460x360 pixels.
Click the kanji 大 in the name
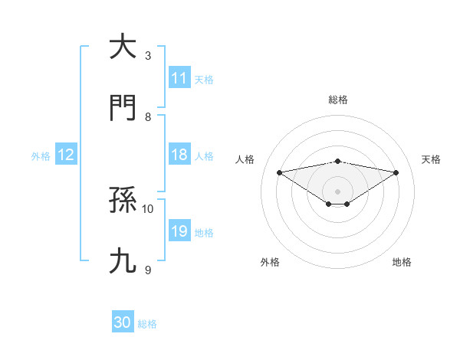coord(122,47)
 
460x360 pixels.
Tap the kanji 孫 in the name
coord(122,201)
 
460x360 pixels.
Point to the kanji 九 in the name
coord(122,261)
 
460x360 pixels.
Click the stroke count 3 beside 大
coord(148,56)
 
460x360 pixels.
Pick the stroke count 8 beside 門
coord(148,116)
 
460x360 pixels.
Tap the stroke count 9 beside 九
coord(148,270)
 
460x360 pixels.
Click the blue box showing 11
coord(179,78)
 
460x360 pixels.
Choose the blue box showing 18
coord(179,155)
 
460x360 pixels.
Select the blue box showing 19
coord(179,231)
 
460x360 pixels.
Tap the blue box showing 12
coord(65,155)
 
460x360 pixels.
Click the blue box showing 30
coord(123,322)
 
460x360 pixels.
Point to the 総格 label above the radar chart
coord(338,100)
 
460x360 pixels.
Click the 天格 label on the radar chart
coord(432,159)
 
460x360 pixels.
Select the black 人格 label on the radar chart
coord(245,159)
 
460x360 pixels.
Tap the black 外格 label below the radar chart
coord(269,263)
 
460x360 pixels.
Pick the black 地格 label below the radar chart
coord(402,263)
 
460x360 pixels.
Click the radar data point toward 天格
coord(396,172)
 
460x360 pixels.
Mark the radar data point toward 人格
coord(279,172)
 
